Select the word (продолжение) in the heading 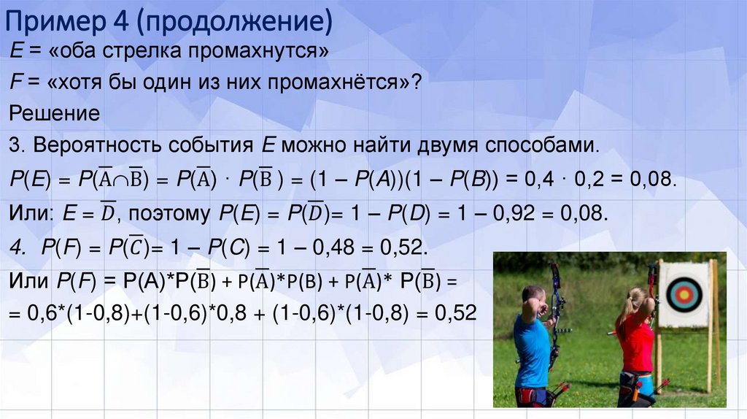(233, 23)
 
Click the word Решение (54, 115)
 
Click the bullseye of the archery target (684, 293)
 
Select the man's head (533, 298)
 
